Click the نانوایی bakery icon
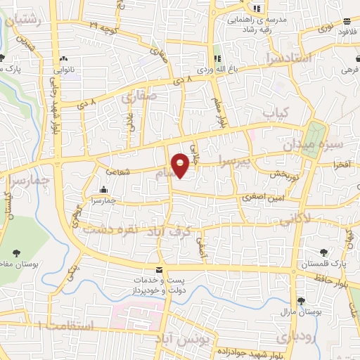coord(65,58)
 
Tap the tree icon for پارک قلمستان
coord(323,252)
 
